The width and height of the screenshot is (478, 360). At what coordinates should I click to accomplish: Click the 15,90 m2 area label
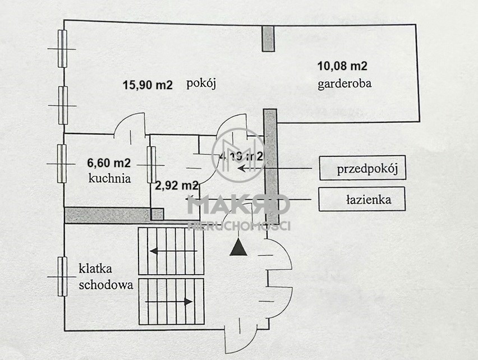(x=148, y=85)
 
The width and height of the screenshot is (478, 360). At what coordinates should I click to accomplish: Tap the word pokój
(x=201, y=85)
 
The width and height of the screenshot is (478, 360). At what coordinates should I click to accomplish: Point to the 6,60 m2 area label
(x=109, y=164)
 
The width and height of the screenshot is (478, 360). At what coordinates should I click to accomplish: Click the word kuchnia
(x=109, y=179)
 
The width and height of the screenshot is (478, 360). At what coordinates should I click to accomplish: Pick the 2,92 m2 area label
(x=177, y=184)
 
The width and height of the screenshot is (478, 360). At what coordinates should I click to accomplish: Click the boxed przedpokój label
(x=361, y=169)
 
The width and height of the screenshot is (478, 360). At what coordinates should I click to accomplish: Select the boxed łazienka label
(x=361, y=199)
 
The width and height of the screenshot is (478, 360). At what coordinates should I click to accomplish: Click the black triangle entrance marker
(x=239, y=247)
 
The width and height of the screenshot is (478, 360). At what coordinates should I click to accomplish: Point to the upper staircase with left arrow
(x=171, y=251)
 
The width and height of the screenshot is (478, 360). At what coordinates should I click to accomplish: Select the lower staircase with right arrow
(x=171, y=301)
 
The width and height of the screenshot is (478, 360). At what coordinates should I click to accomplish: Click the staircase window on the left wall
(x=62, y=276)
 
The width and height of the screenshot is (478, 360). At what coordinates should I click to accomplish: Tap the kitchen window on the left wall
(x=62, y=163)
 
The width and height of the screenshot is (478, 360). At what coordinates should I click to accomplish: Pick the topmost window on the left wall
(x=62, y=49)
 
